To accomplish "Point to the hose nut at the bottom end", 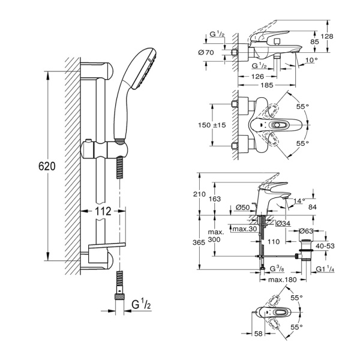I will [120, 296].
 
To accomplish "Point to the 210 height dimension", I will [208, 194].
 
